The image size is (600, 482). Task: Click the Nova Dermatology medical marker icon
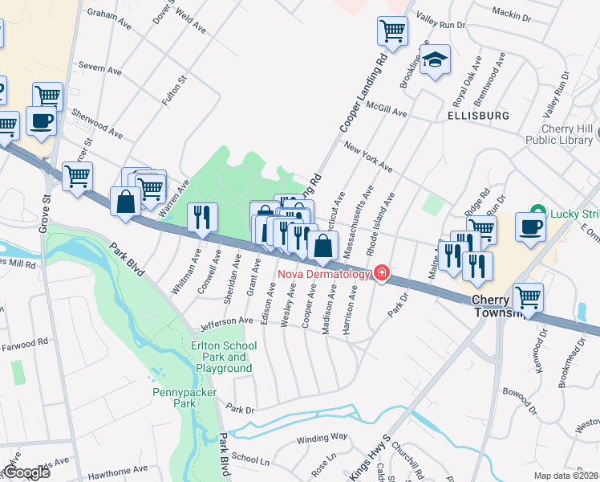pyautogui.click(x=382, y=274)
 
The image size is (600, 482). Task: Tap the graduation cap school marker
pyautogui.click(x=436, y=60)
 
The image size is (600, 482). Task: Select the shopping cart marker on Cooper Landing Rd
pyautogui.click(x=393, y=32)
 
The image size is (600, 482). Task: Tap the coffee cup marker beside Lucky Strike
pyautogui.click(x=530, y=226)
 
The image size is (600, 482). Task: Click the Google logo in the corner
pyautogui.click(x=26, y=472)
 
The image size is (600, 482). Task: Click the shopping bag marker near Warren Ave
pyautogui.click(x=126, y=202)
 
